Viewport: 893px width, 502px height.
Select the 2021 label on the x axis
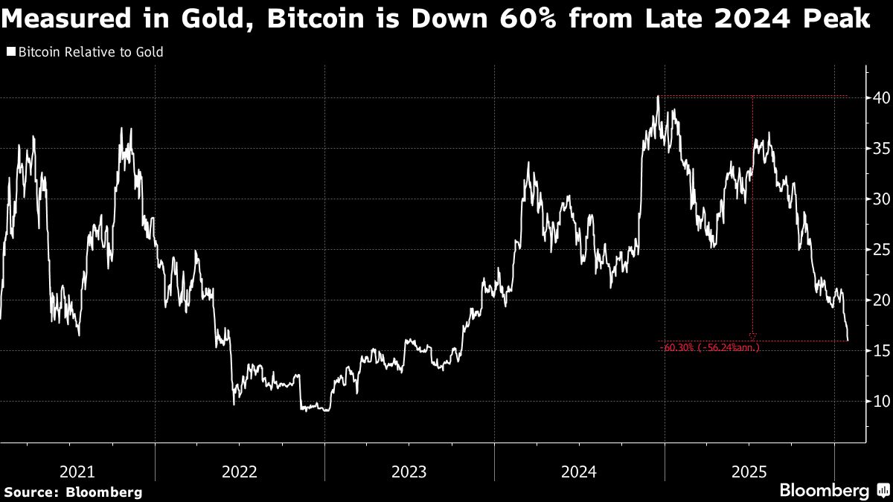coord(77,471)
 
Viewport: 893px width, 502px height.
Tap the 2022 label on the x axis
coord(240,471)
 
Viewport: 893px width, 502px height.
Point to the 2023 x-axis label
coord(409,471)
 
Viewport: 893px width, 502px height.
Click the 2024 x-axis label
coord(579,471)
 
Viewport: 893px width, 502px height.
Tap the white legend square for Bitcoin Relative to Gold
coord(10,52)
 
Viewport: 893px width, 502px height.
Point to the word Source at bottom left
coord(31,492)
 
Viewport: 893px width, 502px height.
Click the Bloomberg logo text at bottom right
coord(824,491)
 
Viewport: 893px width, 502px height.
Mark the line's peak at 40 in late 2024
coord(658,96)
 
